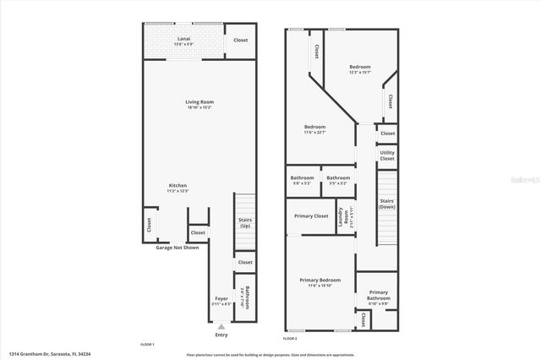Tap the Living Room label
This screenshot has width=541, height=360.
click(x=199, y=102)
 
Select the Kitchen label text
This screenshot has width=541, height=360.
click(x=178, y=186)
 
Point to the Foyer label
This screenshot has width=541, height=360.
click(x=221, y=299)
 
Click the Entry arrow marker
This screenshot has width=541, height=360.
click(x=221, y=326)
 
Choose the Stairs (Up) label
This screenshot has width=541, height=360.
click(x=244, y=223)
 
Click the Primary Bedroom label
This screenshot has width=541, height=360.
click(x=320, y=280)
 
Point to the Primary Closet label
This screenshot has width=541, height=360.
click(x=311, y=215)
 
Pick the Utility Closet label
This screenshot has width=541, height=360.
click(x=387, y=155)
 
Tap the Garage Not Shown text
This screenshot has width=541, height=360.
click(x=177, y=248)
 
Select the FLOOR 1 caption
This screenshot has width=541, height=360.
click(x=147, y=344)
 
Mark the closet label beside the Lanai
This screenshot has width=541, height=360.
click(x=241, y=40)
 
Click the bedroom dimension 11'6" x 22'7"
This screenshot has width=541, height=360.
click(x=314, y=132)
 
